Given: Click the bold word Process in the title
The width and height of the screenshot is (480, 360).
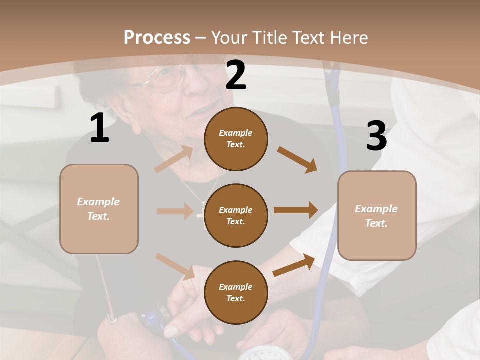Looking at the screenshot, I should pyautogui.click(x=157, y=37).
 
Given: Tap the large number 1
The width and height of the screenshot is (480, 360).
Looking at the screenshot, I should pyautogui.click(x=99, y=128).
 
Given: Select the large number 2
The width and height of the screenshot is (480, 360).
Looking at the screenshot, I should pyautogui.click(x=236, y=75).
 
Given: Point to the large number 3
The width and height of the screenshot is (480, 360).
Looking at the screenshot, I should pyautogui.click(x=376, y=136).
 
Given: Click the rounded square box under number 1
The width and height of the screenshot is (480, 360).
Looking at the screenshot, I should pyautogui.click(x=99, y=209).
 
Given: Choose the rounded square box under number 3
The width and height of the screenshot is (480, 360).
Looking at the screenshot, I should pyautogui.click(x=377, y=215).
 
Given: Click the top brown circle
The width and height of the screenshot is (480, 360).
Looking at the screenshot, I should pyautogui.click(x=236, y=139).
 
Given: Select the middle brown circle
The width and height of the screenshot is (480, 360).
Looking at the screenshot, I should pyautogui.click(x=236, y=215).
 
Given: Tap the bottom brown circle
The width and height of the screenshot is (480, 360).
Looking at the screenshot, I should pyautogui.click(x=236, y=292).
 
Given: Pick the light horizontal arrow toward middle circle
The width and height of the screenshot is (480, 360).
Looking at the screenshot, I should pyautogui.click(x=174, y=211).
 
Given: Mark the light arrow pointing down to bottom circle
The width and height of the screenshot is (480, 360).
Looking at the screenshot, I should pyautogui.click(x=175, y=266).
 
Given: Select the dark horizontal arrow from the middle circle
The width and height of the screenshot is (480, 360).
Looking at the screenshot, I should pyautogui.click(x=296, y=210).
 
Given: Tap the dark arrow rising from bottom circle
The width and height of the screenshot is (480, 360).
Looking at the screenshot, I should pyautogui.click(x=294, y=265).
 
